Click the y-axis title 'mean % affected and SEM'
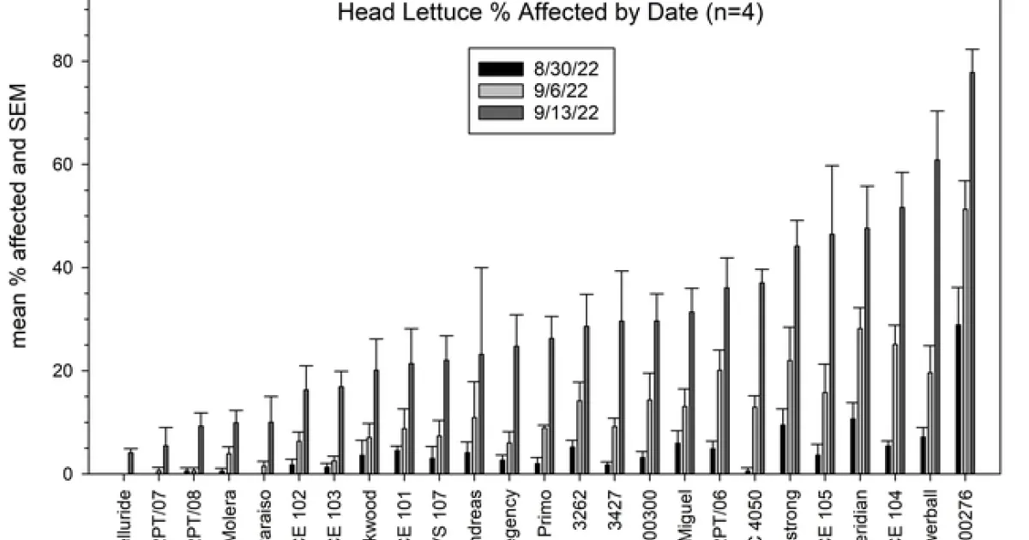21,214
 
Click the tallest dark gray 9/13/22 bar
972,274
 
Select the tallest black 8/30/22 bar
957,399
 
